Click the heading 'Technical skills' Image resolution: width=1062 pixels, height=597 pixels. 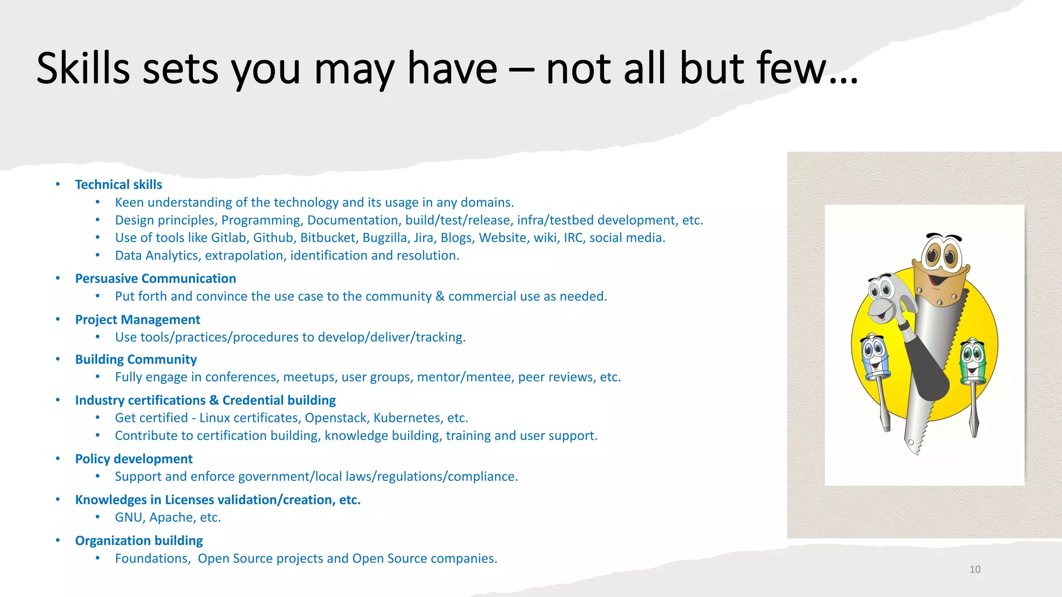point(118,184)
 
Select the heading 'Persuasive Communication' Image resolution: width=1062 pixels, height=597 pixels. point(155,278)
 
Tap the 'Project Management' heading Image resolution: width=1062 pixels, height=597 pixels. point(137,319)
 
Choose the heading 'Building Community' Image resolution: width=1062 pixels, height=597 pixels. point(136,359)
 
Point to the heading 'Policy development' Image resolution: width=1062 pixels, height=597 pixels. point(133,459)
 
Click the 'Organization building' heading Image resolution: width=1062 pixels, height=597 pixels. point(138,541)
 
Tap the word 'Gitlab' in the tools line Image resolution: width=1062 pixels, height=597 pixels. point(229,238)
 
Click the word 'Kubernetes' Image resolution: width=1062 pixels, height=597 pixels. point(407,418)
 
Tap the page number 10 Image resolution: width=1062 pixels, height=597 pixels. point(975,569)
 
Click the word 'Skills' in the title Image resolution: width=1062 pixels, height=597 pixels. point(83,68)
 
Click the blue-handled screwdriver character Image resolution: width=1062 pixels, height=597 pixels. point(875,363)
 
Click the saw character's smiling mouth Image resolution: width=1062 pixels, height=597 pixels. point(940,280)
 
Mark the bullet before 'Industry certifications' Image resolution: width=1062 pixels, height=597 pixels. point(58,400)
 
